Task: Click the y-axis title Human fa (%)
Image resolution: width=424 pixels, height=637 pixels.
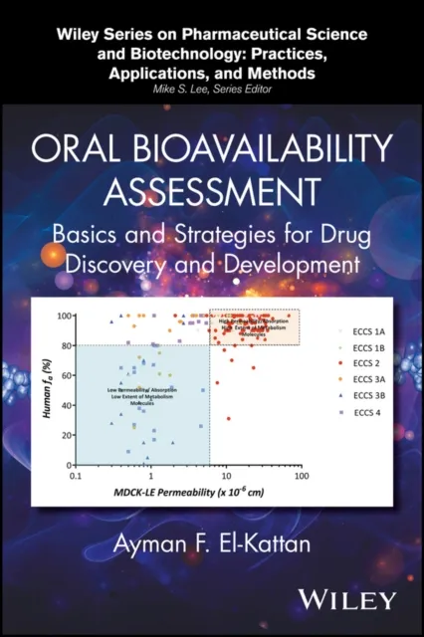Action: tap(47, 388)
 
